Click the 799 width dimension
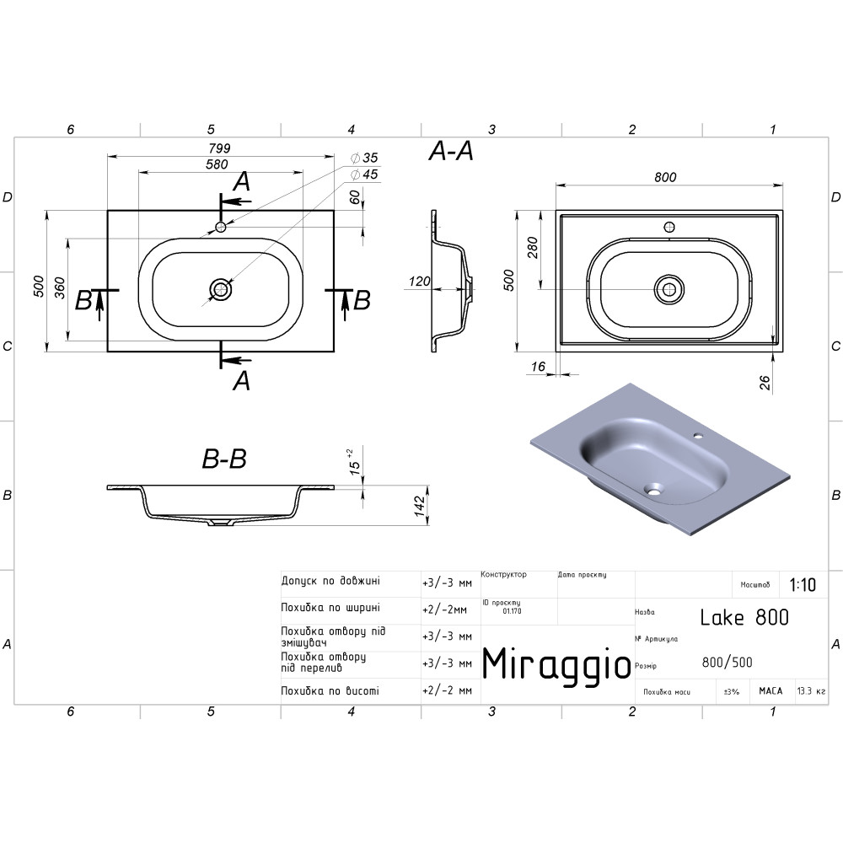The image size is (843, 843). [x=219, y=148]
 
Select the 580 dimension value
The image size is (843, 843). [x=217, y=164]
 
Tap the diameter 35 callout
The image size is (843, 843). [x=364, y=158]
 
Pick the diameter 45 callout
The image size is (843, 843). [x=364, y=175]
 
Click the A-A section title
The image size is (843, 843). [x=451, y=152]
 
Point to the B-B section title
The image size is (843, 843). [x=224, y=459]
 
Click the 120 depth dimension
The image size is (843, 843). [x=419, y=282]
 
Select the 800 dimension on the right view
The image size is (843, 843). [x=665, y=177]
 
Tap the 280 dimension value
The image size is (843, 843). [x=533, y=247]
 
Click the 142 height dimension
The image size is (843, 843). [x=420, y=507]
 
